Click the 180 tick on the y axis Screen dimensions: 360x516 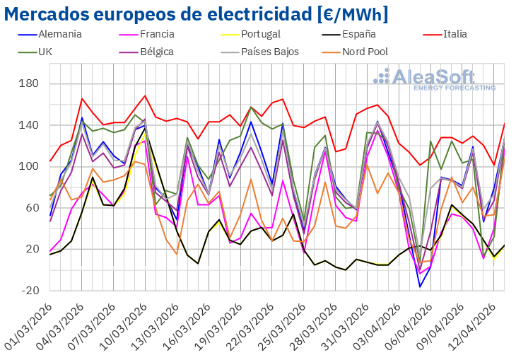click(x=30, y=84)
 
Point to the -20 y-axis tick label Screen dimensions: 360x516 click(x=30, y=291)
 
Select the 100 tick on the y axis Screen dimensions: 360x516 click(x=30, y=167)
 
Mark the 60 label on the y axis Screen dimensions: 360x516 click(x=33, y=208)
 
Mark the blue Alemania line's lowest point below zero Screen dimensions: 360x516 click(x=421, y=286)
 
